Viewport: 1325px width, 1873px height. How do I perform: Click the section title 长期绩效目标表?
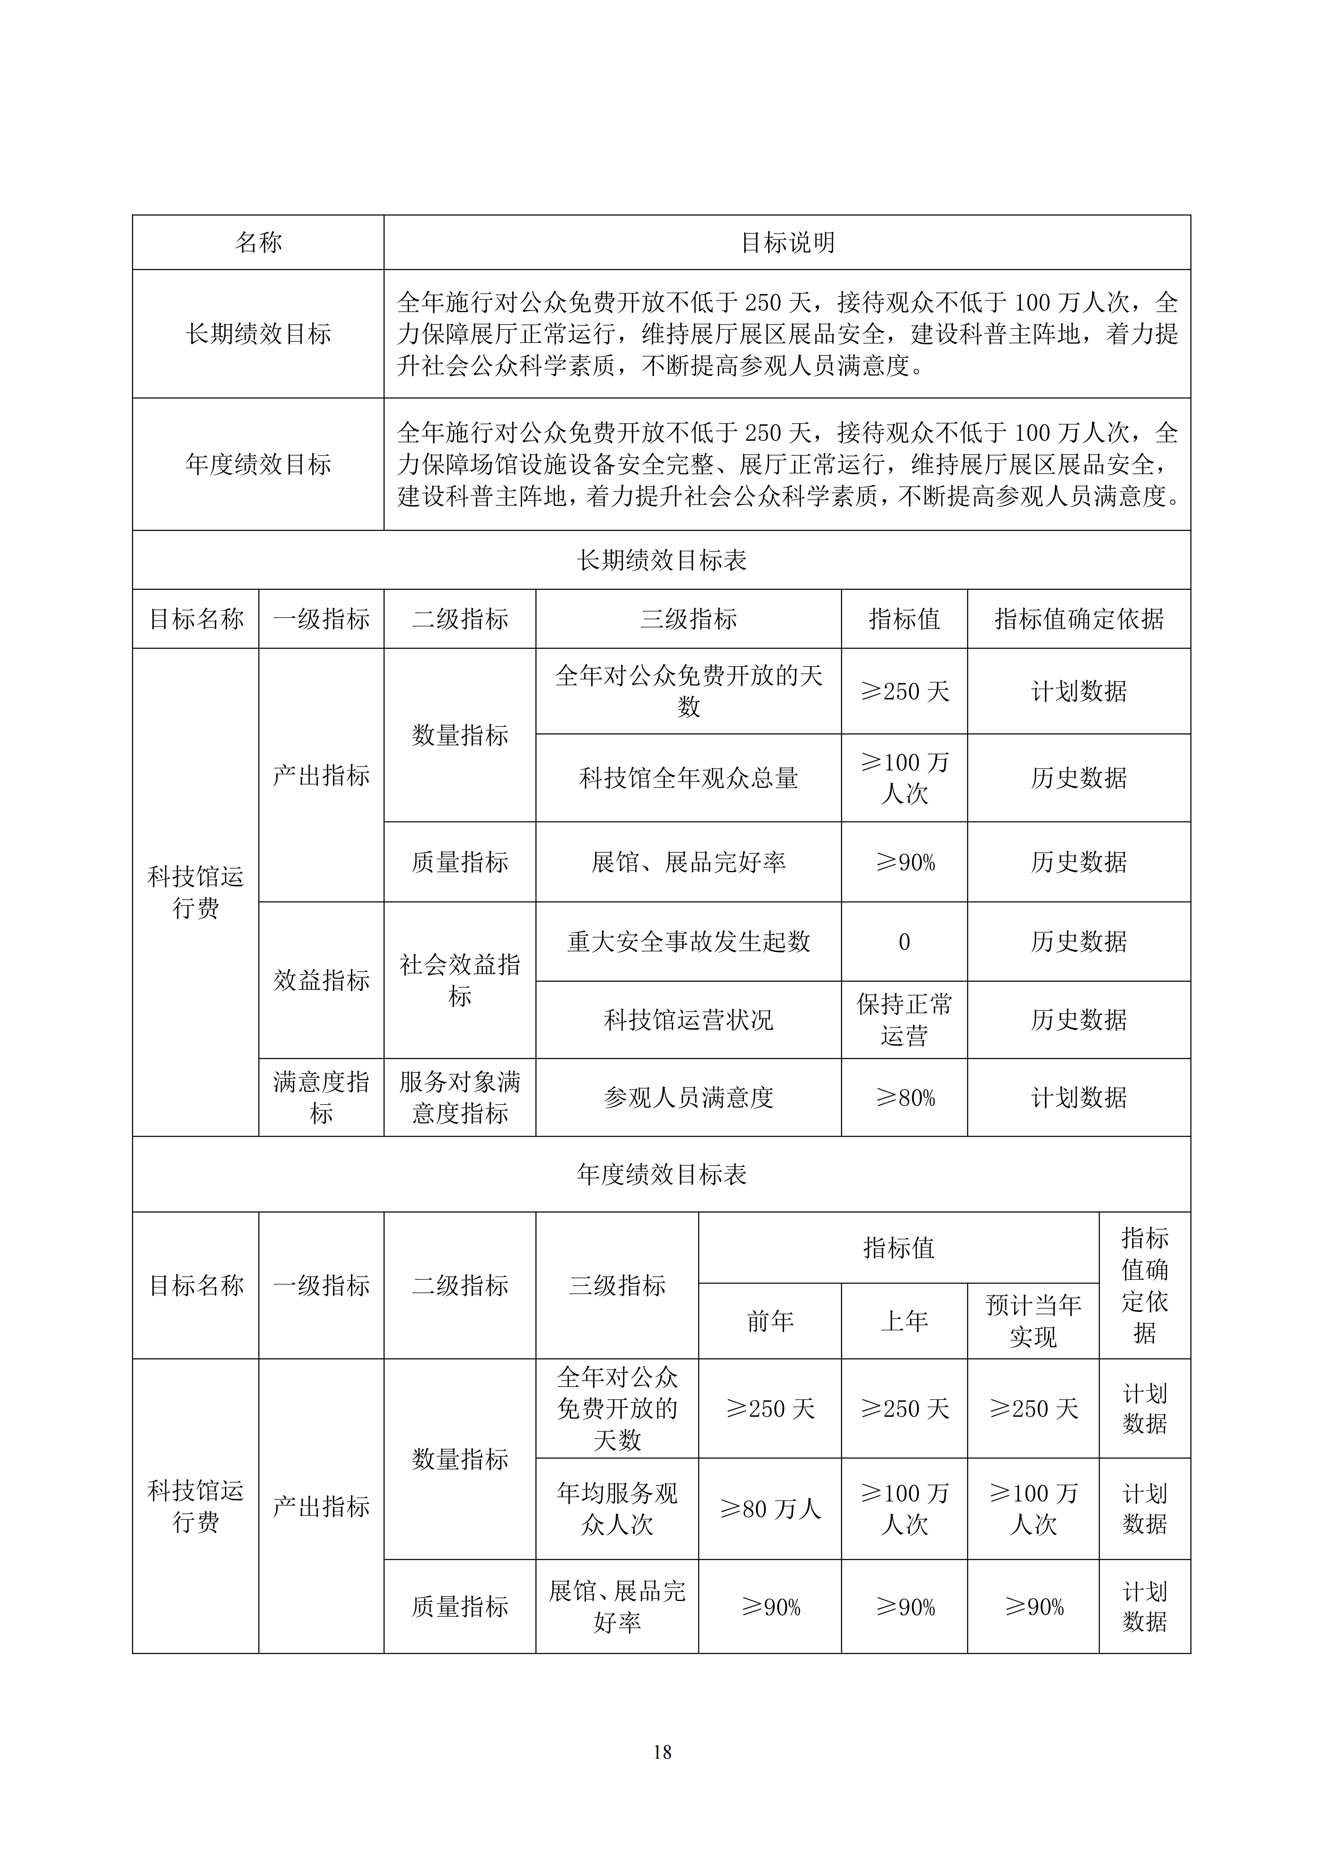[662, 560]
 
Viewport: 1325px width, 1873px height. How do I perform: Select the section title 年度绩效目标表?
[662, 1174]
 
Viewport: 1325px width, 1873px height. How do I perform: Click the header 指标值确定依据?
[1079, 619]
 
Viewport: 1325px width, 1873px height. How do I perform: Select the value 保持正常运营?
[904, 1020]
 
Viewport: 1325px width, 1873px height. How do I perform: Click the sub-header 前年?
[770, 1321]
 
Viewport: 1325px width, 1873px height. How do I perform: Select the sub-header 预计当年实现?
[1033, 1321]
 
